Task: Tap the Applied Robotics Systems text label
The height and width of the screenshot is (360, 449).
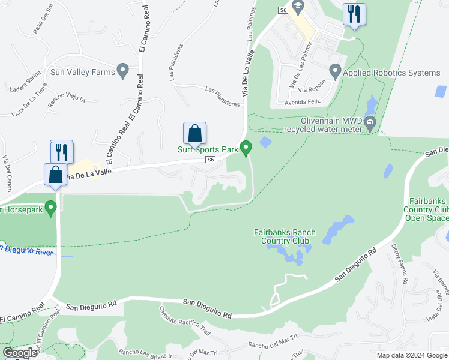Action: pyautogui.click(x=392, y=73)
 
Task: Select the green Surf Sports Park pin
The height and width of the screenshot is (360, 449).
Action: pyautogui.click(x=246, y=148)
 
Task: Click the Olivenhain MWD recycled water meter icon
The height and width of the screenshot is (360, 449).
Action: pyautogui.click(x=370, y=124)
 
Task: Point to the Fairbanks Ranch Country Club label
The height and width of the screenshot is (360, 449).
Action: pyautogui.click(x=285, y=236)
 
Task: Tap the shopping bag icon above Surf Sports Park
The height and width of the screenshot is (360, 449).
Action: pyautogui.click(x=194, y=133)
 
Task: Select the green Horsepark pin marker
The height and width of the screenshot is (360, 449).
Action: pyautogui.click(x=50, y=209)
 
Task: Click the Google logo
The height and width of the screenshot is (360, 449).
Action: pyautogui.click(x=20, y=353)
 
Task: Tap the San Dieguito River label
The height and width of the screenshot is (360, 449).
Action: pyautogui.click(x=26, y=250)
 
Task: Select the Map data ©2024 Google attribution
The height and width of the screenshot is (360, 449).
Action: pyautogui.click(x=411, y=355)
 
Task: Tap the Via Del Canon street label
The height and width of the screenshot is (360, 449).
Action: pyautogui.click(x=7, y=173)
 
